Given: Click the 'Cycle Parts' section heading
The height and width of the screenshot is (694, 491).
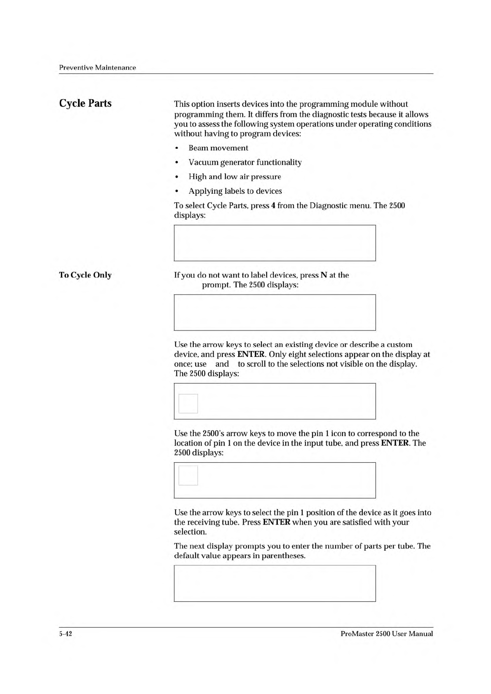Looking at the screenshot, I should tap(85, 103).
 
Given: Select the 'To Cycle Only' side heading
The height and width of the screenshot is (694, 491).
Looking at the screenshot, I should tap(85, 275).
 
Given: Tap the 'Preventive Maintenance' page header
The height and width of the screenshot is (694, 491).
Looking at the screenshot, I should tap(97, 68).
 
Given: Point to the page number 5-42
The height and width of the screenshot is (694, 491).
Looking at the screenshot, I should tap(66, 634).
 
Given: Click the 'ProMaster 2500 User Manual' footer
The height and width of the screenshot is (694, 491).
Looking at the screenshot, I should tap(387, 634).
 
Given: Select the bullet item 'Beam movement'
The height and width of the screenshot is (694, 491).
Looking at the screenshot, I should tap(218, 148).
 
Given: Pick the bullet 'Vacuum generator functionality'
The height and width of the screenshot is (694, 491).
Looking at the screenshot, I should tap(245, 162).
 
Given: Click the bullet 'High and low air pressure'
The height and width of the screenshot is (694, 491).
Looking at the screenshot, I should tap(235, 177).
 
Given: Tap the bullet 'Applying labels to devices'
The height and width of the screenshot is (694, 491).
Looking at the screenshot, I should tap(235, 191).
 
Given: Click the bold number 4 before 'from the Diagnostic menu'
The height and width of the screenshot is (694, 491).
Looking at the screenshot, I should tap(273, 206).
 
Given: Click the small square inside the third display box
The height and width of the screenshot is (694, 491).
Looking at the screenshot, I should tap(188, 403).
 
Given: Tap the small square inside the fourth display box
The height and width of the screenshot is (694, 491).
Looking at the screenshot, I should tap(188, 476).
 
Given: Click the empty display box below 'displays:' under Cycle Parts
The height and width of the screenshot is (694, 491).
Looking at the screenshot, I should tap(275, 243).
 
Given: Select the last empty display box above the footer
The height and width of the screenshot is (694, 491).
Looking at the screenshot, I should tap(275, 583).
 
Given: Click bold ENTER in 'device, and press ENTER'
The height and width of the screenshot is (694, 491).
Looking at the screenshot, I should tap(251, 354).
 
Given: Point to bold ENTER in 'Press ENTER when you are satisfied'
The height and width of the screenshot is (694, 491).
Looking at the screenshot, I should tap(276, 522).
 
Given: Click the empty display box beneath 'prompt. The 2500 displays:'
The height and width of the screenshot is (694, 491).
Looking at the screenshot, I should tap(275, 312).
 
